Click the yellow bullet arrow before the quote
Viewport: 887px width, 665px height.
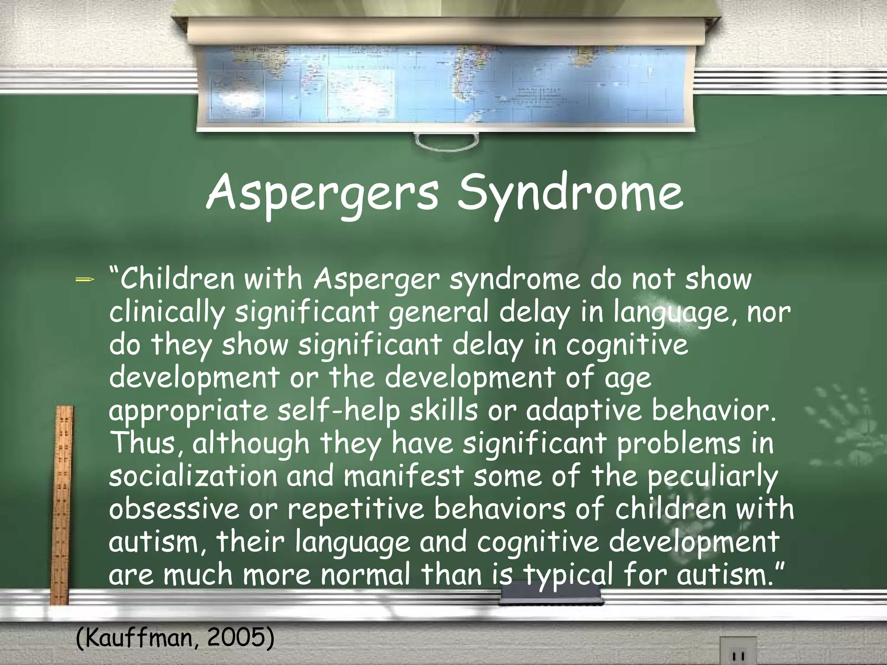click(84, 280)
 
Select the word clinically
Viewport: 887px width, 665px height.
click(167, 313)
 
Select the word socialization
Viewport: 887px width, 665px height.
click(193, 476)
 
